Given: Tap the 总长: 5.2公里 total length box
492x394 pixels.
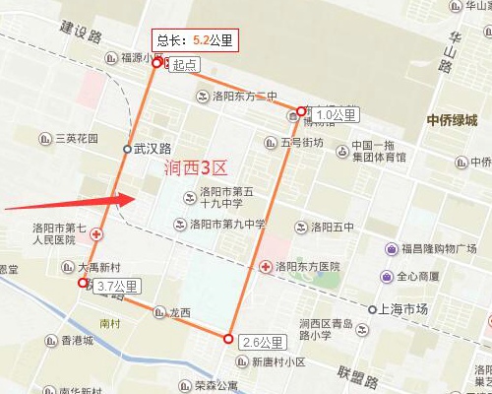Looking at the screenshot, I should (x=195, y=41).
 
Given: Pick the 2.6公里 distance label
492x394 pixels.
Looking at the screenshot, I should (x=263, y=343).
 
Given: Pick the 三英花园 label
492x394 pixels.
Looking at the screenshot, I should (x=77, y=139).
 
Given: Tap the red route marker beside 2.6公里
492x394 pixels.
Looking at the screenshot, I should (x=228, y=339).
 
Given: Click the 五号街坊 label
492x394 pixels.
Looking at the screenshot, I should (x=301, y=143).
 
